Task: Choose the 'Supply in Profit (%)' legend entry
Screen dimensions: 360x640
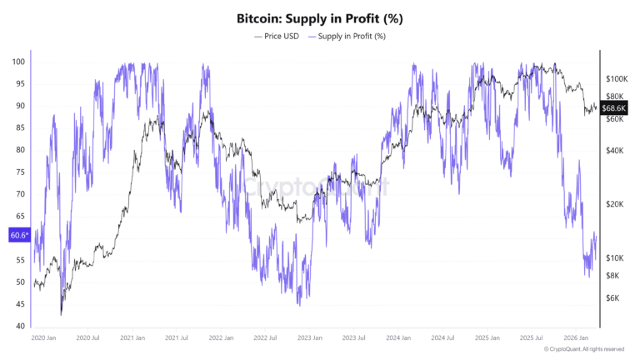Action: tap(349, 37)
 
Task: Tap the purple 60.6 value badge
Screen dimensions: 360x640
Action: tap(19, 236)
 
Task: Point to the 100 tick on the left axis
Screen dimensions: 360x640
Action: tap(18, 62)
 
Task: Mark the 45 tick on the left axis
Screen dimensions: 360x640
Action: tap(18, 304)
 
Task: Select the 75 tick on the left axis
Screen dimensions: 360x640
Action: tap(18, 172)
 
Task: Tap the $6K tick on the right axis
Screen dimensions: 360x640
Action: tap(612, 297)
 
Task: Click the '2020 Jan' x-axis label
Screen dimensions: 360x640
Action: tap(43, 338)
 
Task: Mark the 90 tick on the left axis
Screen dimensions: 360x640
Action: tap(18, 107)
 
